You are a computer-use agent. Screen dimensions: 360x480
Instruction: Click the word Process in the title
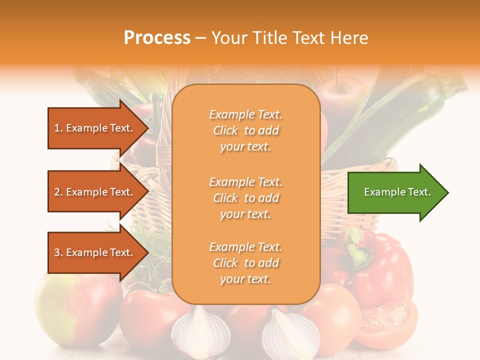tap(157, 38)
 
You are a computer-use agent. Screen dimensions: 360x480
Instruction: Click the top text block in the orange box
tap(245, 130)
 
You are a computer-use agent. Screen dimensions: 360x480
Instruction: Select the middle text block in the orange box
tap(245, 198)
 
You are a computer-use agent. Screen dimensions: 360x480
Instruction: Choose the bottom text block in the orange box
tap(245, 263)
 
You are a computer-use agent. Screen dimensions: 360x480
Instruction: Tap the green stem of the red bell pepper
tap(356, 247)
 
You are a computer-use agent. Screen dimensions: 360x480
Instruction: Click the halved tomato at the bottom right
tap(390, 320)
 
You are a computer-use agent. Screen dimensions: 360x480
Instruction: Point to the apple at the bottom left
tap(75, 305)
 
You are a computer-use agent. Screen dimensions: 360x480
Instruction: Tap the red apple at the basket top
tap(342, 95)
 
